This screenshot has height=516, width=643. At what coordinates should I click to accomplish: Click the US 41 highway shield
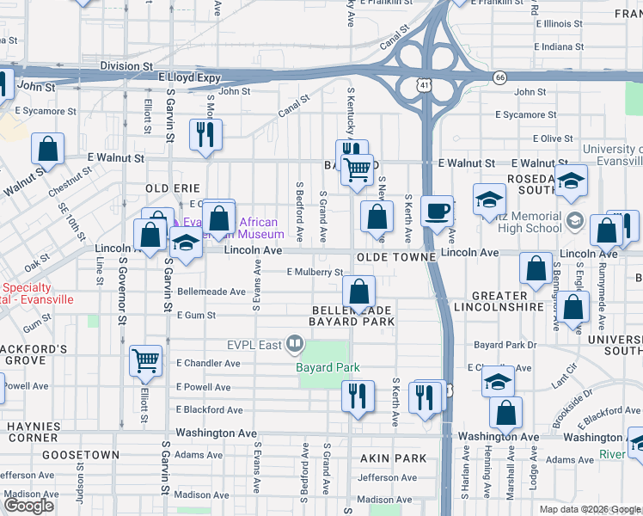(422, 84)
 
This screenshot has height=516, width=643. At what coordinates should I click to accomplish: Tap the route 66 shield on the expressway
(499, 77)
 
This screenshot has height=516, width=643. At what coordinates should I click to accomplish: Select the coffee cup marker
(438, 211)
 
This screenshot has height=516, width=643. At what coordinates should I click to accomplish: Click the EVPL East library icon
(295, 345)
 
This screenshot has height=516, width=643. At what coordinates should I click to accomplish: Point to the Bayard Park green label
(328, 367)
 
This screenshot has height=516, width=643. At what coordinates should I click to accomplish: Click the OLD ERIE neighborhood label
(173, 187)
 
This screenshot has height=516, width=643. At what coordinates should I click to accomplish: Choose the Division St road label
(126, 65)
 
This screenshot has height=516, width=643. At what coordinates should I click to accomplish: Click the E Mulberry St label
(315, 272)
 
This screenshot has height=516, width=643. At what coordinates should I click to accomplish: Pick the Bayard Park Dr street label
(505, 345)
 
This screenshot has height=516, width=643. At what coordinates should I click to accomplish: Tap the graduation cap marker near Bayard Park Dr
(498, 381)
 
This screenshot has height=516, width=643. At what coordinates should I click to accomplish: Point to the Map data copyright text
(590, 509)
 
